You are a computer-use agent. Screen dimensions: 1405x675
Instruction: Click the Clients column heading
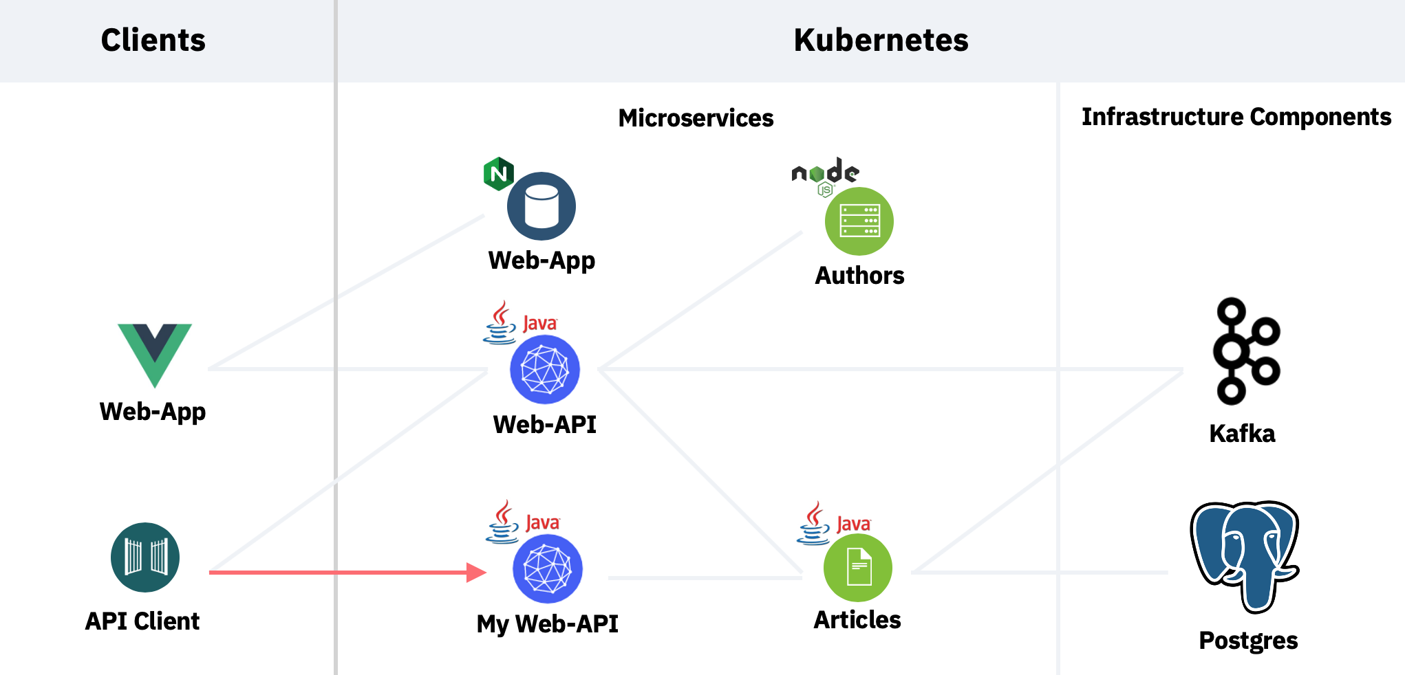pos(153,40)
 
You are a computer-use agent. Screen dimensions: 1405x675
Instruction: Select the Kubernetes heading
pos(881,40)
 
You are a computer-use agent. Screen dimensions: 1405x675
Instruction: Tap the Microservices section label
pos(696,118)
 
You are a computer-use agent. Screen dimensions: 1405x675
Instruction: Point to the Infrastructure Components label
pos(1236,118)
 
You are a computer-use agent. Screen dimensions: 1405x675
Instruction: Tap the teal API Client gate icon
pos(145,557)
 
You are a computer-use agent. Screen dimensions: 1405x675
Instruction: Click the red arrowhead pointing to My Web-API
pos(476,572)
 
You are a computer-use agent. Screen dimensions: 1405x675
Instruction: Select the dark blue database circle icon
pos(541,206)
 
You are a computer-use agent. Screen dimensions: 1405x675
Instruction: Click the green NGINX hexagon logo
pos(499,174)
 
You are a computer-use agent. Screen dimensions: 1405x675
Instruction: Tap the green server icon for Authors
pos(859,221)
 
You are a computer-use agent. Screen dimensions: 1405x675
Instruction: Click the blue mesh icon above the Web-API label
pos(545,370)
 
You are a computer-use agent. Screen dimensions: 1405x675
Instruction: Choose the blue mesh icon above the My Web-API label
pos(548,569)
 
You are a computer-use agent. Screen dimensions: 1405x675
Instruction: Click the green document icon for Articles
pos(858,568)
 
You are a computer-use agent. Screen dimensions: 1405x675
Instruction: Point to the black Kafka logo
pos(1246,351)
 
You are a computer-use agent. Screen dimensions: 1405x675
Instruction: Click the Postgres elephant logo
pos(1245,556)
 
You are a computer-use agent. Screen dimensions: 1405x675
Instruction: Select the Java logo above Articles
pos(834,523)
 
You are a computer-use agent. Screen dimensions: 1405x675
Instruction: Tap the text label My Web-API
pos(548,624)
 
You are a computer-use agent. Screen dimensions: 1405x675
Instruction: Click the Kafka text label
pos(1242,434)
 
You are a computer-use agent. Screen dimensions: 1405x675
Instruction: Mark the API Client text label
pos(142,621)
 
